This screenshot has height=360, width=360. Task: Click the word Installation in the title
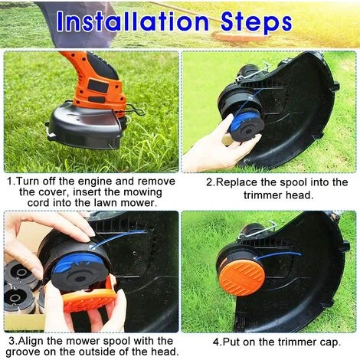point(133,21)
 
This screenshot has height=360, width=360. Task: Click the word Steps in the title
point(256,23)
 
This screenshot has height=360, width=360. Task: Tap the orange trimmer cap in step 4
point(241,278)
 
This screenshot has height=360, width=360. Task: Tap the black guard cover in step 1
point(86,125)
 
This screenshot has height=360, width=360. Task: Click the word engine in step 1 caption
point(94,182)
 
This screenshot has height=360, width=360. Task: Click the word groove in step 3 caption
point(23,352)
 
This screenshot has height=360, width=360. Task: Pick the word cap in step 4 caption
point(330,342)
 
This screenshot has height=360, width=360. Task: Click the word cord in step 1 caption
point(38,203)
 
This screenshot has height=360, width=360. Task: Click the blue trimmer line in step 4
point(278,255)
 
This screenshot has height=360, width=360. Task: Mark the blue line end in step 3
point(145,231)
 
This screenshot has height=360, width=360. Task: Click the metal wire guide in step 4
point(258,231)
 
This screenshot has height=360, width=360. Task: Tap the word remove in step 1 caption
point(156,182)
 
